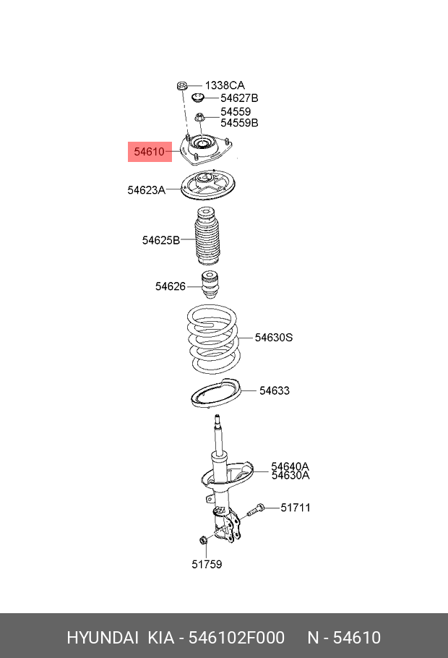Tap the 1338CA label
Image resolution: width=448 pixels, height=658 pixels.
point(225,85)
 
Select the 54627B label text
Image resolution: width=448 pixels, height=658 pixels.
point(239,98)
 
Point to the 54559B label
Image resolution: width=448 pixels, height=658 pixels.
point(239,123)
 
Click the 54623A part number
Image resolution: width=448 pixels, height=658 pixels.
point(146,190)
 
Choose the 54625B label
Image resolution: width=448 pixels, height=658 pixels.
point(160,240)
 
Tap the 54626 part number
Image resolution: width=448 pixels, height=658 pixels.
point(170,286)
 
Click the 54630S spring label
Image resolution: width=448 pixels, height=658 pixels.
point(273,338)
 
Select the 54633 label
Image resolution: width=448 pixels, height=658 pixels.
point(275,391)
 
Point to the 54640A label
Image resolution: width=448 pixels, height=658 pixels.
point(290,466)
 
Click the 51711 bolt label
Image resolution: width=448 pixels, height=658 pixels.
point(296,508)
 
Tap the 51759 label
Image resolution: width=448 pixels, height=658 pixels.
point(207,564)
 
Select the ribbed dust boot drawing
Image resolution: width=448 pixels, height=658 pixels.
point(207,240)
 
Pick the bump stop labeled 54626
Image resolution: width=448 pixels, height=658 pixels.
point(210,286)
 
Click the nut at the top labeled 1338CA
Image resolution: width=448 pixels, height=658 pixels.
point(182,87)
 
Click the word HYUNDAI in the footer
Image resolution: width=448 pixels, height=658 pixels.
point(102,637)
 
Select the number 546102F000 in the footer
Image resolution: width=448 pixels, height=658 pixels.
point(236,637)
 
